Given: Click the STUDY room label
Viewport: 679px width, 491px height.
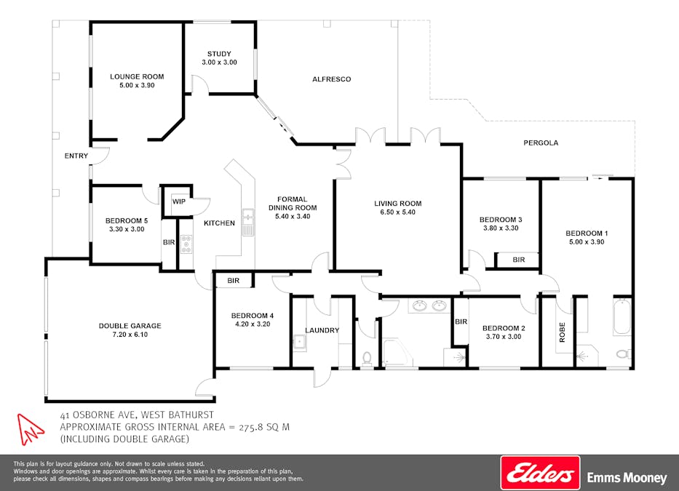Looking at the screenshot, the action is (219, 54).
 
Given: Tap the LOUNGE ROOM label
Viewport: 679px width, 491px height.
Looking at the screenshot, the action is (137, 76).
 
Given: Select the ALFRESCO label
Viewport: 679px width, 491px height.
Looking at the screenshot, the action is (332, 79).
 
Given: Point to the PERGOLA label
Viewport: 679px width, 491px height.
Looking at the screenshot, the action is (541, 143).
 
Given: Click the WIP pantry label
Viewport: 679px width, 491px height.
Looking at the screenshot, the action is (179, 201).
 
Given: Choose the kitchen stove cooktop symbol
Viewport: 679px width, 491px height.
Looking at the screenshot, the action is (186, 244).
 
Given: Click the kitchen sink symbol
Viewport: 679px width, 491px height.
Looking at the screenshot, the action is (247, 222).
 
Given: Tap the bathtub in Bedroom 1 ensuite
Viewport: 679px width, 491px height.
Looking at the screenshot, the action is (622, 316).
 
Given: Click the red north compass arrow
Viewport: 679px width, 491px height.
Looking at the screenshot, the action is (29, 429).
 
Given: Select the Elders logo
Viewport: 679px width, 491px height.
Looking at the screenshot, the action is (541, 472).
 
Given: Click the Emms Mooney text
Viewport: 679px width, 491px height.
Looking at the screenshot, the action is (627, 478).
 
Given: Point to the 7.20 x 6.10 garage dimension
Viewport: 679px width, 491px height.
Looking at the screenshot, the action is (130, 335).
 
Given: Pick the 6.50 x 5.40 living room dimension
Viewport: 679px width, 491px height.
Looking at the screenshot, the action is (397, 212).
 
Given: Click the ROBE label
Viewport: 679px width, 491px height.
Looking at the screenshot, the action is (562, 332).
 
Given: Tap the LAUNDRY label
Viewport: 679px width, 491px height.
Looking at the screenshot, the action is (322, 330).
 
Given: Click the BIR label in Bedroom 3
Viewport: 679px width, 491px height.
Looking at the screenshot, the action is (519, 260).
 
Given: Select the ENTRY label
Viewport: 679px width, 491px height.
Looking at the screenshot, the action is (76, 156).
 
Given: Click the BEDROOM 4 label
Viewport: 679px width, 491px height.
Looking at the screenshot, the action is (253, 316).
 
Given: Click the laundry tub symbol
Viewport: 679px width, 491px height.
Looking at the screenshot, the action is (300, 343).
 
